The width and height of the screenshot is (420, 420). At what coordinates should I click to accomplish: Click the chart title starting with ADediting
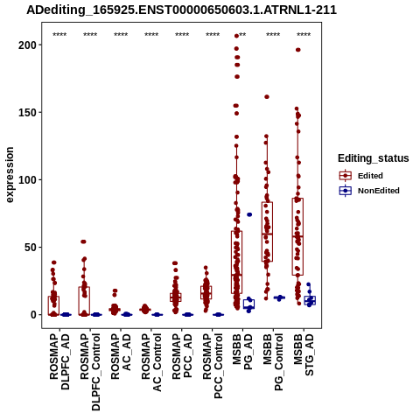181,10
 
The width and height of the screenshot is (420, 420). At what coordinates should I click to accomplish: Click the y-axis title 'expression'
10,175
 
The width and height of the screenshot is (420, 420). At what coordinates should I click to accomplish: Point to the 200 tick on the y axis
28,45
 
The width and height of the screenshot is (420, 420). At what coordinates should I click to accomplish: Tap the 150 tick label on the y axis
28,112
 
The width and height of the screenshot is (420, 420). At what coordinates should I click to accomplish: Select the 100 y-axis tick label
28,179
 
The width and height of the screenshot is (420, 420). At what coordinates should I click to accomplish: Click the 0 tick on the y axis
34,315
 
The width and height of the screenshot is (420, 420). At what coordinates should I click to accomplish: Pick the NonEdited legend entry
369,191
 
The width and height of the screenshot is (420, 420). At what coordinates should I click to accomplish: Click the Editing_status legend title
374,158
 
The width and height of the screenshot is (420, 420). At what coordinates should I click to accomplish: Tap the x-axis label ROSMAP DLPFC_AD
59,361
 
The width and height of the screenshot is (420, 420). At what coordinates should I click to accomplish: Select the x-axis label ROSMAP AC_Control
151,362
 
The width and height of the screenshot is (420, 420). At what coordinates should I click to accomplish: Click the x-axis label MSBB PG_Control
273,362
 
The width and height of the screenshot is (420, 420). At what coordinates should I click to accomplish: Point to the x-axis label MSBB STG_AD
304,354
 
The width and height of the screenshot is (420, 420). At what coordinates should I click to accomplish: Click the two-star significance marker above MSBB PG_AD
242,35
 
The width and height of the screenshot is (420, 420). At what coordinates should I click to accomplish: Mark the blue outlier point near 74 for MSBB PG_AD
249,214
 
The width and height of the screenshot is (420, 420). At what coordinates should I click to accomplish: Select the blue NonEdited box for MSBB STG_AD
310,300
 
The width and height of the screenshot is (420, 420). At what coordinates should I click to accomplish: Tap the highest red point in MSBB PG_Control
267,97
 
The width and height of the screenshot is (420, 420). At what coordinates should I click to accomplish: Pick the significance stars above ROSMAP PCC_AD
182,35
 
